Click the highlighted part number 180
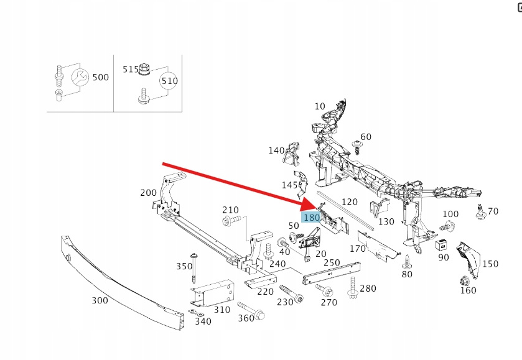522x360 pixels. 311,218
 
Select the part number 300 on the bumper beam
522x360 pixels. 100,301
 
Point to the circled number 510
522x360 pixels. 169,81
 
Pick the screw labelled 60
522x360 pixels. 358,145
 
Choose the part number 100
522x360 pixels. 450,214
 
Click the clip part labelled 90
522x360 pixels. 443,243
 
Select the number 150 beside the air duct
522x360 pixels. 490,264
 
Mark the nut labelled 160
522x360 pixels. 465,280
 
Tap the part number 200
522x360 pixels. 149,193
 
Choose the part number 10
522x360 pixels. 320,106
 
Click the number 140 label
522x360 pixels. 276,150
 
